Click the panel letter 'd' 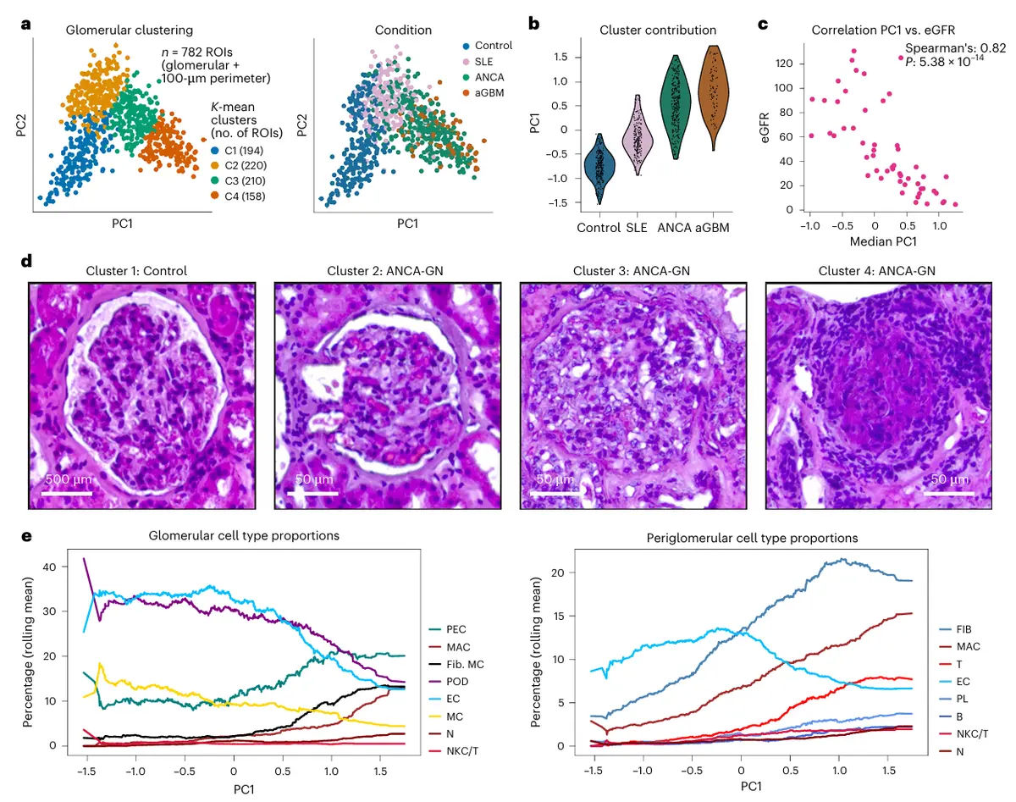[x=27, y=261]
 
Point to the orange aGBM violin [x=714, y=97]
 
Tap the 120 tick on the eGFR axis [x=788, y=64]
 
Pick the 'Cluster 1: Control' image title [x=136, y=272]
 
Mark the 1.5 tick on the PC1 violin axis [x=560, y=57]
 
